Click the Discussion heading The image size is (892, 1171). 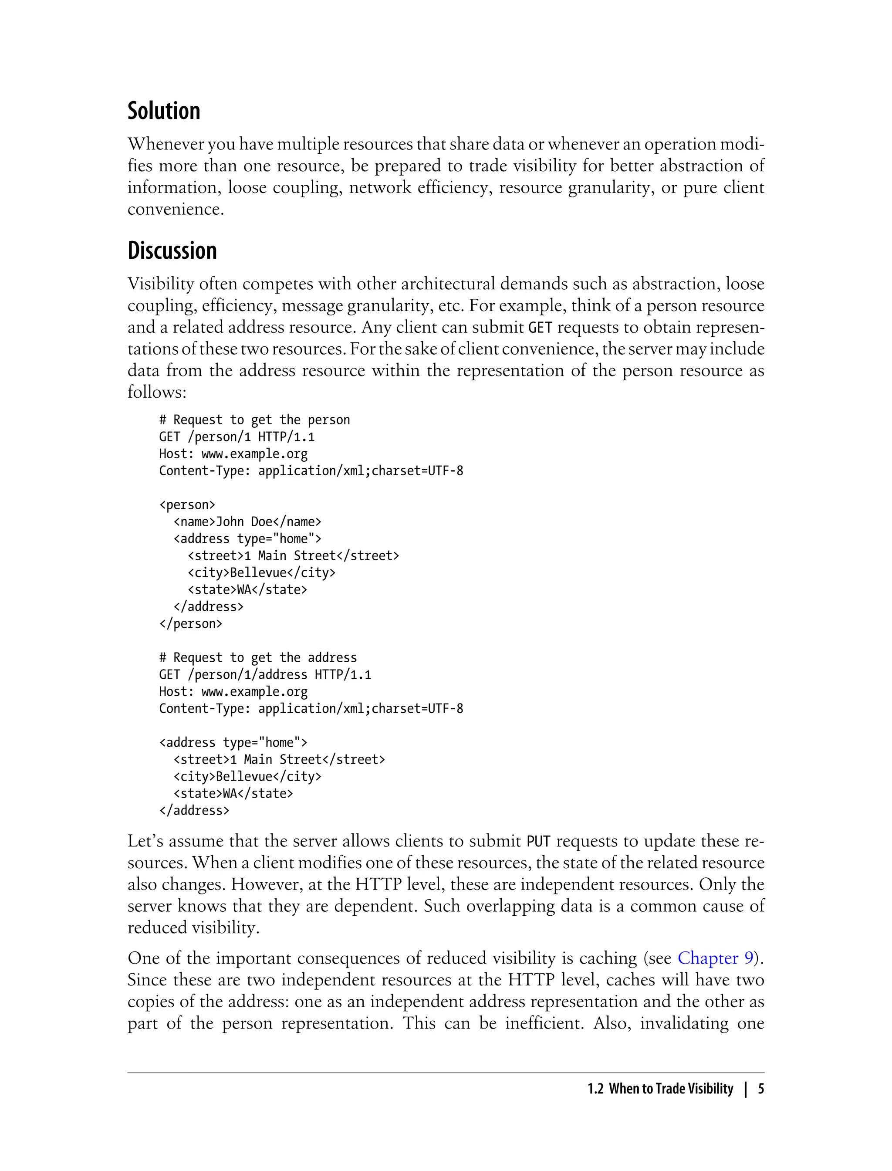[x=172, y=250]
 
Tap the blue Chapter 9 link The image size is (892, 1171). [x=715, y=958]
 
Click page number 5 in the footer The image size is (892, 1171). [x=761, y=1089]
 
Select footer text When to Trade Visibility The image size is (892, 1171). [x=671, y=1089]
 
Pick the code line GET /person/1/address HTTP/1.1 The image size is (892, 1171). [x=265, y=674]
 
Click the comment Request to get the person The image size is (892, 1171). [x=255, y=420]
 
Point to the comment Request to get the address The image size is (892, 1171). [x=258, y=657]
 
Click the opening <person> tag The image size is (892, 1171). [x=187, y=504]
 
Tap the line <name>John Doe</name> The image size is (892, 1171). [x=247, y=521]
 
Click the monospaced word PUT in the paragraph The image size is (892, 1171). [x=538, y=842]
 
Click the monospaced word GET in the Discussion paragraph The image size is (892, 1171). [x=540, y=328]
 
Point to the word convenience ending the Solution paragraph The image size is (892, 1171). [x=175, y=209]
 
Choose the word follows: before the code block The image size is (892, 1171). [x=157, y=392]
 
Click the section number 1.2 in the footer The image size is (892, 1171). [x=595, y=1089]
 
